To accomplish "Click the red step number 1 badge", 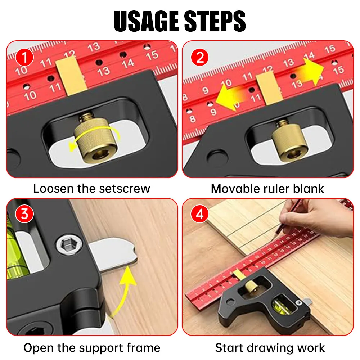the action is click(x=24, y=57).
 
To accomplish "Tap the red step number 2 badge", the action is click(x=200, y=57).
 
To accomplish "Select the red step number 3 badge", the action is click(x=24, y=214).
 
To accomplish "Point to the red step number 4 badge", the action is click(x=200, y=214).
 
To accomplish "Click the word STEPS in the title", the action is click(x=215, y=21).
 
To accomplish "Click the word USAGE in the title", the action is click(x=147, y=21).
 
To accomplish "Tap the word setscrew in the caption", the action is click(x=125, y=189).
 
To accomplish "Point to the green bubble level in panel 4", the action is click(x=282, y=306).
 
